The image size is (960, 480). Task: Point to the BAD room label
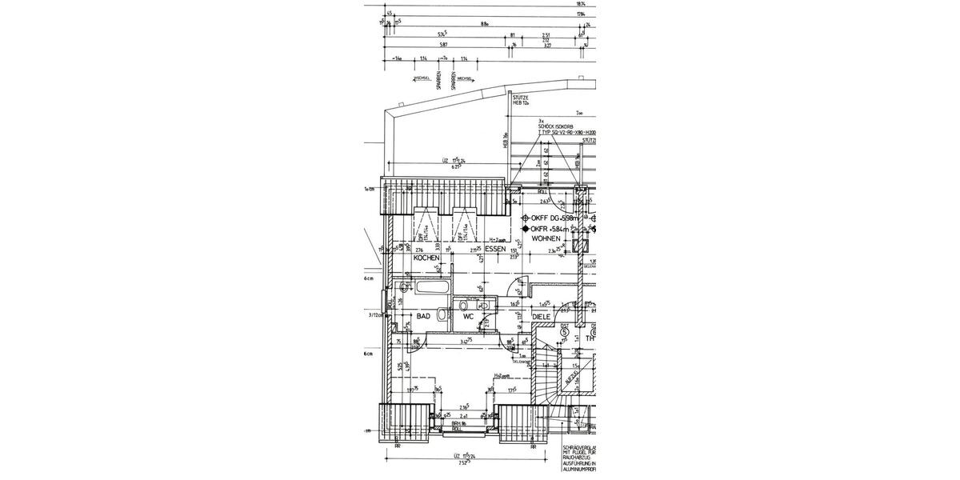tap(424, 317)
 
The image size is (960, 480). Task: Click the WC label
tap(469, 317)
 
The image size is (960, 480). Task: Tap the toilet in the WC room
tap(485, 306)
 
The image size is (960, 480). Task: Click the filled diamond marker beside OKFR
tap(526, 229)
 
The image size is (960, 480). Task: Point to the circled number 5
tap(564, 331)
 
